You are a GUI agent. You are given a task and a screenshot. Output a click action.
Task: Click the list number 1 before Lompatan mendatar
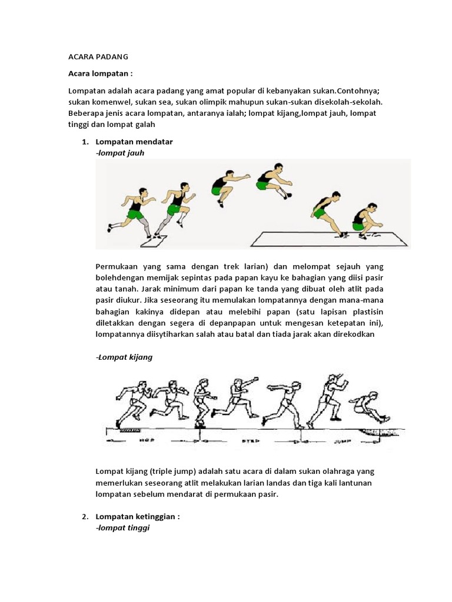click(x=85, y=142)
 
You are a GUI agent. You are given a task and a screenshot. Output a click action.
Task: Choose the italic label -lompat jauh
click(x=119, y=153)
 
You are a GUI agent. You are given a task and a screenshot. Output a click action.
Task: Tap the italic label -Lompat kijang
click(x=124, y=357)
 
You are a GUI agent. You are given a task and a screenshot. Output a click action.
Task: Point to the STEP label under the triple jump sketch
click(x=248, y=439)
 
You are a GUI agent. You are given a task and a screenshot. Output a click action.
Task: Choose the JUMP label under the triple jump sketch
click(x=342, y=439)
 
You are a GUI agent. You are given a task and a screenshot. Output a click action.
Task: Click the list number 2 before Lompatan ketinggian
click(x=85, y=517)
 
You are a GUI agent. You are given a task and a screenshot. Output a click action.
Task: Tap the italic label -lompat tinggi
click(x=122, y=528)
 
